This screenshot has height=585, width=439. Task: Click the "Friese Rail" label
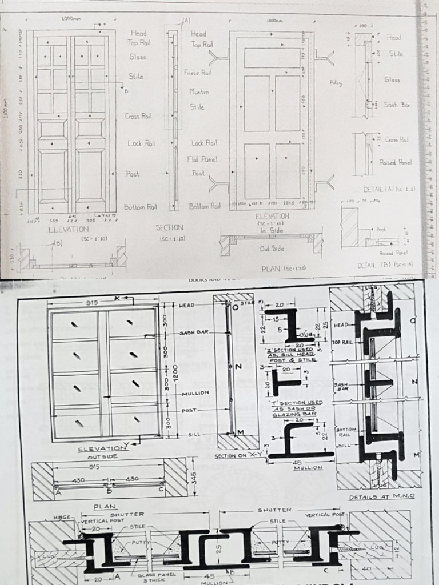coord(198,73)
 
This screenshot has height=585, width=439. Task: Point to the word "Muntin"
coord(199,91)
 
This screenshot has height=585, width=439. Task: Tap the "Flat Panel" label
coord(203,159)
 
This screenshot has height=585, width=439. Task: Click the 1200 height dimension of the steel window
coord(177,370)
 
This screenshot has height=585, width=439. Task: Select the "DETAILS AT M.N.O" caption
coord(381,497)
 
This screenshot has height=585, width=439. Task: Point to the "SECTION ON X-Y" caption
coord(236,456)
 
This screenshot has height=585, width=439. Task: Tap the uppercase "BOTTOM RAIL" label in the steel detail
coord(346,432)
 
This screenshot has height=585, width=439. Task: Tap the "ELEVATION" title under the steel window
coord(101,449)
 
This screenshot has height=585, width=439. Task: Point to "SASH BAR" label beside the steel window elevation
coord(193,332)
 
